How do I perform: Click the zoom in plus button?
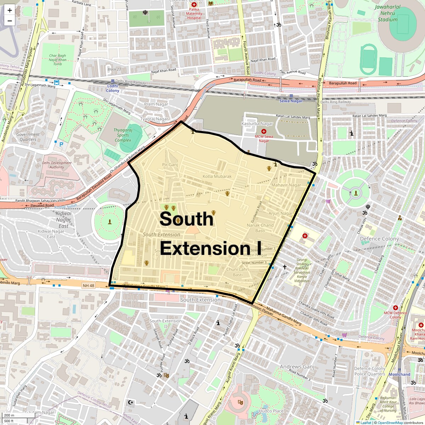pos(10,10)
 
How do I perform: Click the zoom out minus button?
pos(10,21)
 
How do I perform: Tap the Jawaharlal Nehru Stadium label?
pos(387,13)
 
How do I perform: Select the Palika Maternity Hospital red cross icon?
pos(194,5)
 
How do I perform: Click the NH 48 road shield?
pos(89,285)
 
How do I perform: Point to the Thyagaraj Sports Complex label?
pos(123,135)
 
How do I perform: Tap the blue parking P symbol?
pos(61,144)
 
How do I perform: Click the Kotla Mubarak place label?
pos(217,176)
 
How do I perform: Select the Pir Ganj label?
pos(170,165)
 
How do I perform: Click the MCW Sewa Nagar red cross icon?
pos(263,131)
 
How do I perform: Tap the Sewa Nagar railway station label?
pos(291,101)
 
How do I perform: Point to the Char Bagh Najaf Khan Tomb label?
pos(57,60)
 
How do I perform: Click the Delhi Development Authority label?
pos(57,165)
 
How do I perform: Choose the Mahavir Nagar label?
pos(286,185)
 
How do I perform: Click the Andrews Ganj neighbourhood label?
pos(297,367)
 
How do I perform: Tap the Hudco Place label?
pos(271,411)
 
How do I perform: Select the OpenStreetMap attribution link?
pos(390,423)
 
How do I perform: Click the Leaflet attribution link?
pos(366,423)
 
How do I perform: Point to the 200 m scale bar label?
pos(9,415)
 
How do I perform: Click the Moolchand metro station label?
pos(399,374)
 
